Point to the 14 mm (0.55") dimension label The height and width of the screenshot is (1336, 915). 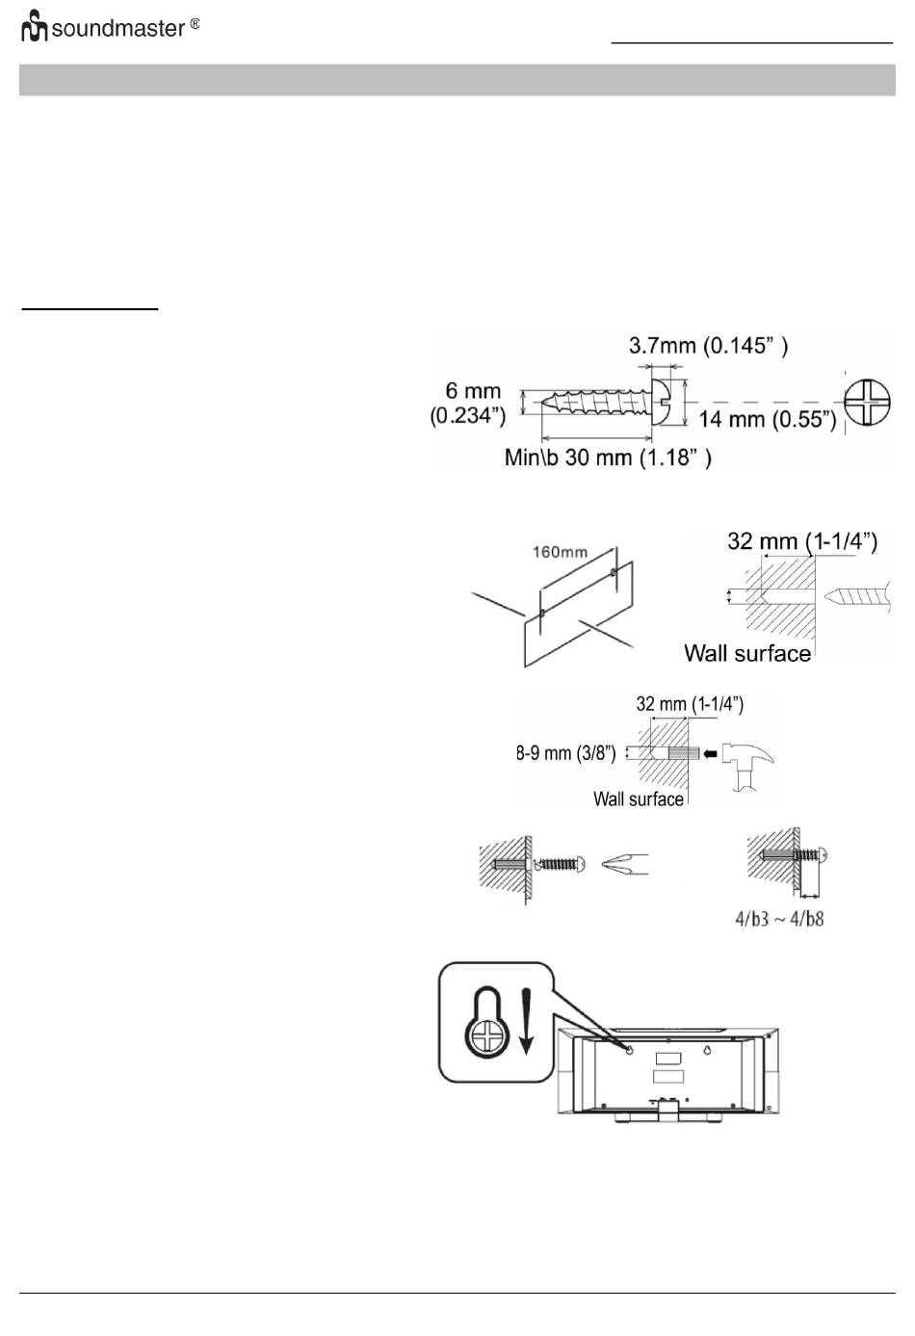tap(767, 420)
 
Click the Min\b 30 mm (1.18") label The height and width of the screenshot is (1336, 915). tap(608, 457)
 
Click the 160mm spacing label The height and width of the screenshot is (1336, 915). tap(560, 553)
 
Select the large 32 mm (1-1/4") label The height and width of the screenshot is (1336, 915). tap(801, 541)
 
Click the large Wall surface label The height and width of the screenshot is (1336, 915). tap(747, 653)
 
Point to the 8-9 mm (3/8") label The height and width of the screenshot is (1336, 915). tap(566, 753)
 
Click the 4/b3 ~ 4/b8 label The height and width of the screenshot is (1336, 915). tap(779, 918)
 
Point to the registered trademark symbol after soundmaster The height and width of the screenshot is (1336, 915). tap(195, 22)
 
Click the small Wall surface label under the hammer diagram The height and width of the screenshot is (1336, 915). tap(638, 799)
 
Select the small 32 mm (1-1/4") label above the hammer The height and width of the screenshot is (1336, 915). tap(690, 704)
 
